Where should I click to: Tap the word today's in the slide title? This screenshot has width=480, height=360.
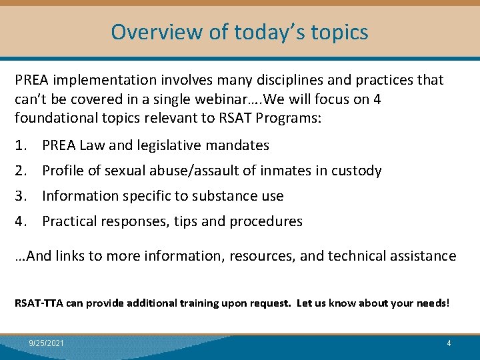click(x=253, y=31)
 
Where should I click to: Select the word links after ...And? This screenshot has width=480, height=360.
click(x=71, y=256)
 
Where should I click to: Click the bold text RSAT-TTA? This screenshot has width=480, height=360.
click(x=36, y=303)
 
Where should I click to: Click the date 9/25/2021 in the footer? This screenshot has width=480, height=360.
click(x=47, y=343)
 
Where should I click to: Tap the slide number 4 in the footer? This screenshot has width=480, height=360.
click(x=449, y=343)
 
